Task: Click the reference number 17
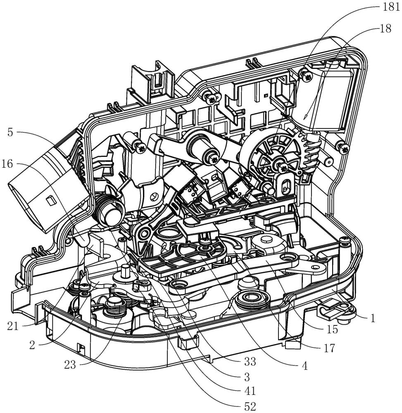(x=328, y=348)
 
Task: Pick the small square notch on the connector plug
(x=50, y=201)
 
